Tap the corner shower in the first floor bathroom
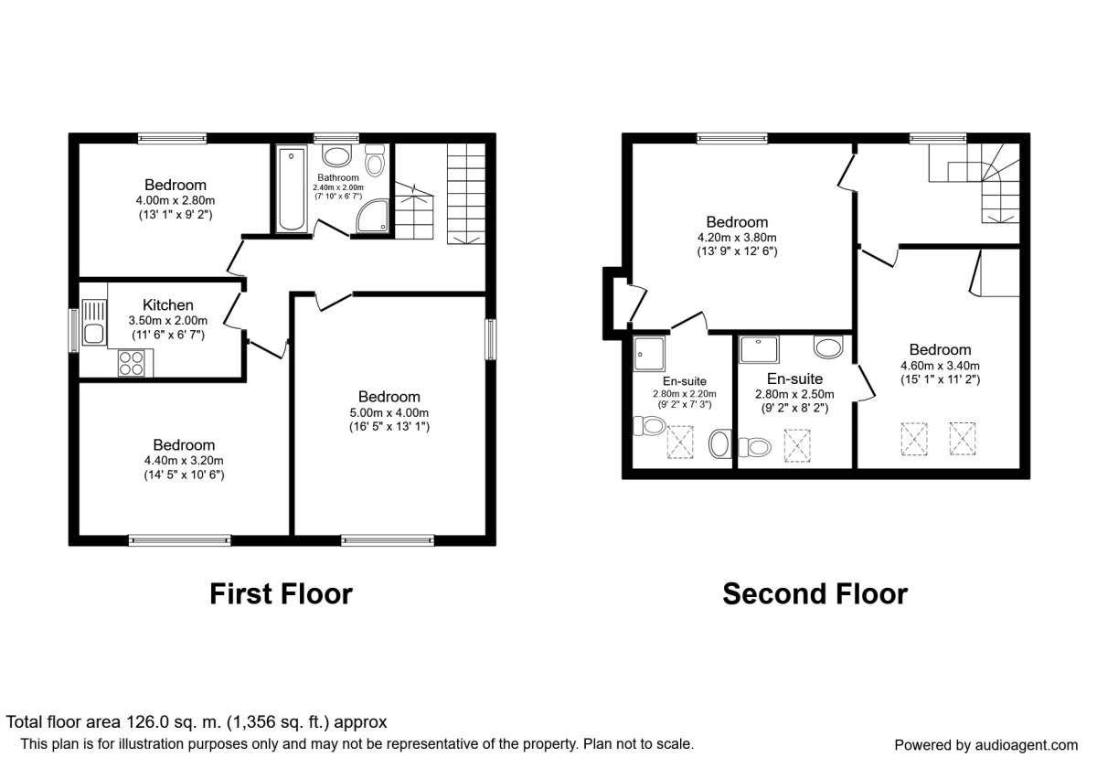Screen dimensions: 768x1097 [x=373, y=216]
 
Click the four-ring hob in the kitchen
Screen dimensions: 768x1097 [x=131, y=364]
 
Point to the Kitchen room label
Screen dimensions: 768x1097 [x=168, y=305]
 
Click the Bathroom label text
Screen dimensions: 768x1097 [x=337, y=177]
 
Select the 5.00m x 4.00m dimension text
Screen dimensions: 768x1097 [x=389, y=411]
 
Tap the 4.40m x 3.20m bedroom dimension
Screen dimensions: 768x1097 [x=184, y=460]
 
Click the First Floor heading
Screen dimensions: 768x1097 [x=281, y=593]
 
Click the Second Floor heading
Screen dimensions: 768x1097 [x=815, y=593]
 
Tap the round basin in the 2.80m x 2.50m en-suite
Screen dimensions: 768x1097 [x=828, y=347]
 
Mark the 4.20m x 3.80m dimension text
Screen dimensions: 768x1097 [x=737, y=236]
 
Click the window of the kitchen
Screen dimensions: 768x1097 [x=74, y=330]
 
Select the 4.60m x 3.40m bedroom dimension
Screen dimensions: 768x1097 [x=940, y=364]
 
